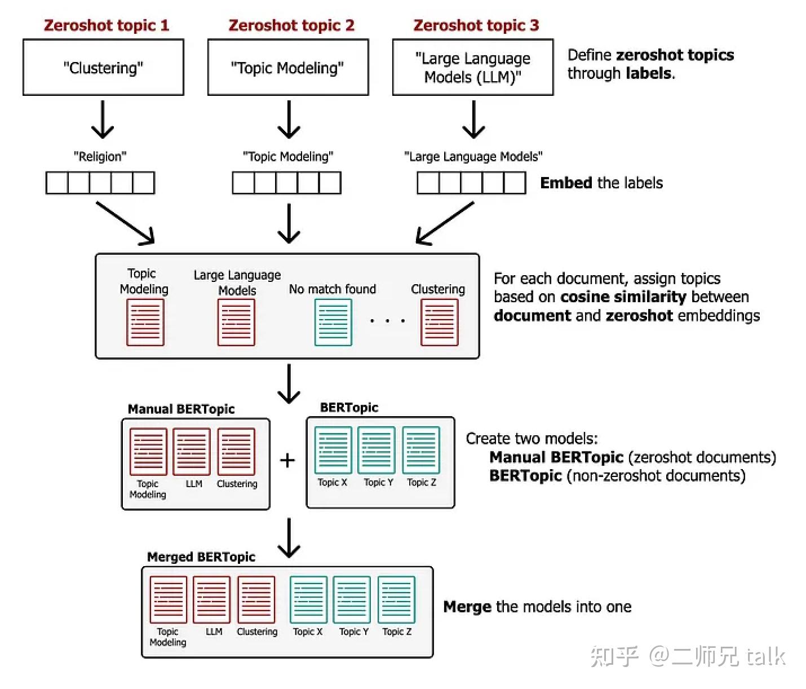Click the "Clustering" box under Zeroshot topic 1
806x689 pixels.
tap(103, 68)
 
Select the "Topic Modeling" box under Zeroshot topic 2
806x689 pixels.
tap(287, 68)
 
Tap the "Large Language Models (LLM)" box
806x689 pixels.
tap(472, 68)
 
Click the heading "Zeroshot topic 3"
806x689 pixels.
tap(476, 25)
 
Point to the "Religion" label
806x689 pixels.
tap(100, 156)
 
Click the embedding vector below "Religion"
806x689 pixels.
tap(100, 183)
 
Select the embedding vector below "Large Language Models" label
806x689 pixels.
tap(471, 183)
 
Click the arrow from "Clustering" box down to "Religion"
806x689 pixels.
tap(103, 120)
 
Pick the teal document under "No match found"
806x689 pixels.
tap(333, 322)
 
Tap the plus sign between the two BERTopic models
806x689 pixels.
tap(287, 461)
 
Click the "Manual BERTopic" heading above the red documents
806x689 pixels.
tap(181, 409)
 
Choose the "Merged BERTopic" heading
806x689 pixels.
tap(201, 557)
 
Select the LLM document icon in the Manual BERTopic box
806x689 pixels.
tap(192, 451)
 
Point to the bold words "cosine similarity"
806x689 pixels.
tap(623, 297)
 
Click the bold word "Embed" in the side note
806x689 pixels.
tap(566, 183)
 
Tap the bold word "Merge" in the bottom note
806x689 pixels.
tap(467, 607)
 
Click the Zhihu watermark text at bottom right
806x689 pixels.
tap(688, 656)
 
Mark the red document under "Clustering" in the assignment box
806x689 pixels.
tap(439, 322)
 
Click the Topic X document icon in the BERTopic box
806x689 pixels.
tap(333, 450)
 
